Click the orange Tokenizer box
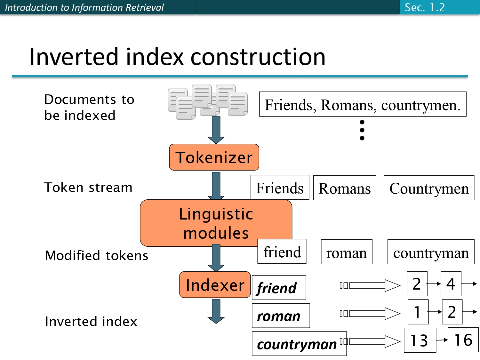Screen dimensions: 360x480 tap(214, 157)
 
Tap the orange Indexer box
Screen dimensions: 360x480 tap(215, 285)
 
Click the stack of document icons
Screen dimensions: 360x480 tap(208, 101)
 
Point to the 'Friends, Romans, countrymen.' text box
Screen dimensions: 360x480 tap(362, 104)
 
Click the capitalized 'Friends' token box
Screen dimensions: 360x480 tap(280, 188)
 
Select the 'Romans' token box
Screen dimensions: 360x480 tap(344, 188)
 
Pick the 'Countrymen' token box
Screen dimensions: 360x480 tap(429, 188)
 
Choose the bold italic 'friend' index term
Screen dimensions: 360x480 tap(279, 288)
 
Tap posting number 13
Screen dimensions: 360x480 tap(420, 340)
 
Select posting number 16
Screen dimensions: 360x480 tap(463, 340)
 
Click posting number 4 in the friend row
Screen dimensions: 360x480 tap(451, 284)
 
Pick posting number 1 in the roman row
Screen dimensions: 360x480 tap(418, 312)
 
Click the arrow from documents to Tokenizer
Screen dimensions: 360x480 tap(216, 130)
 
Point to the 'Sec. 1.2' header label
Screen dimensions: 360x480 tap(425, 7)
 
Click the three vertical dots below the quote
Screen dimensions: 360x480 tap(362, 130)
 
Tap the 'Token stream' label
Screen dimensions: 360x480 tap(88, 187)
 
